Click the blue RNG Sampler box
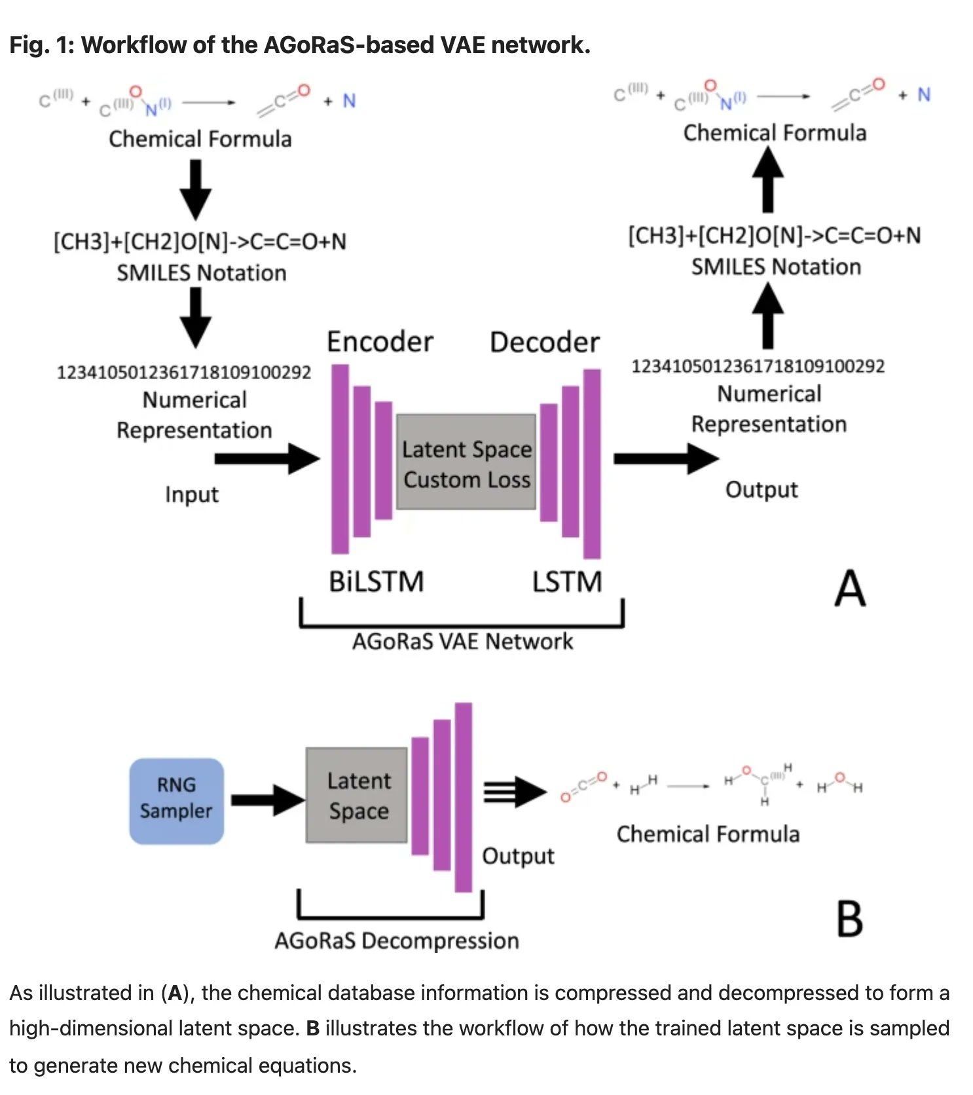click(x=176, y=800)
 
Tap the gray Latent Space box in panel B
click(x=357, y=795)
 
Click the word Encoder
click(x=380, y=342)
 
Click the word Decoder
click(x=544, y=343)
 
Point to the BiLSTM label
click(x=376, y=582)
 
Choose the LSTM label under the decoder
click(x=566, y=582)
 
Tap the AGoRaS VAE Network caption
click(x=462, y=641)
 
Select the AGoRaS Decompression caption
click(x=396, y=940)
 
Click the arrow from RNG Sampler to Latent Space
click(x=267, y=800)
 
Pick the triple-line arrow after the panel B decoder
click(x=515, y=792)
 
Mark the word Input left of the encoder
click(x=191, y=494)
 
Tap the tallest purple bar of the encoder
click(x=340, y=458)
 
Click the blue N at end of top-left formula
click(x=349, y=101)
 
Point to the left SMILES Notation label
click(x=201, y=273)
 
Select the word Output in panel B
click(x=517, y=856)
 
